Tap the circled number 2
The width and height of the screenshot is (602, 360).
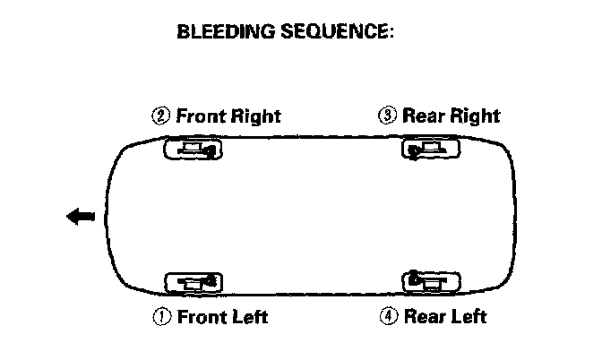[161, 116]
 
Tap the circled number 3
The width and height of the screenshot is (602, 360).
[387, 116]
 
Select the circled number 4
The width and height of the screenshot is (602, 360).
[389, 316]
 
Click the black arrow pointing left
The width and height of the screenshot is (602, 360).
[81, 216]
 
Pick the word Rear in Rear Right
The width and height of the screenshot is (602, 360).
[423, 116]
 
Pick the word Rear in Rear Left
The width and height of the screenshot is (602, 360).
[425, 316]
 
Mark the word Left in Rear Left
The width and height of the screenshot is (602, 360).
[468, 316]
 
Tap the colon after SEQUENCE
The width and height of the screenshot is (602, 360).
[392, 34]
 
